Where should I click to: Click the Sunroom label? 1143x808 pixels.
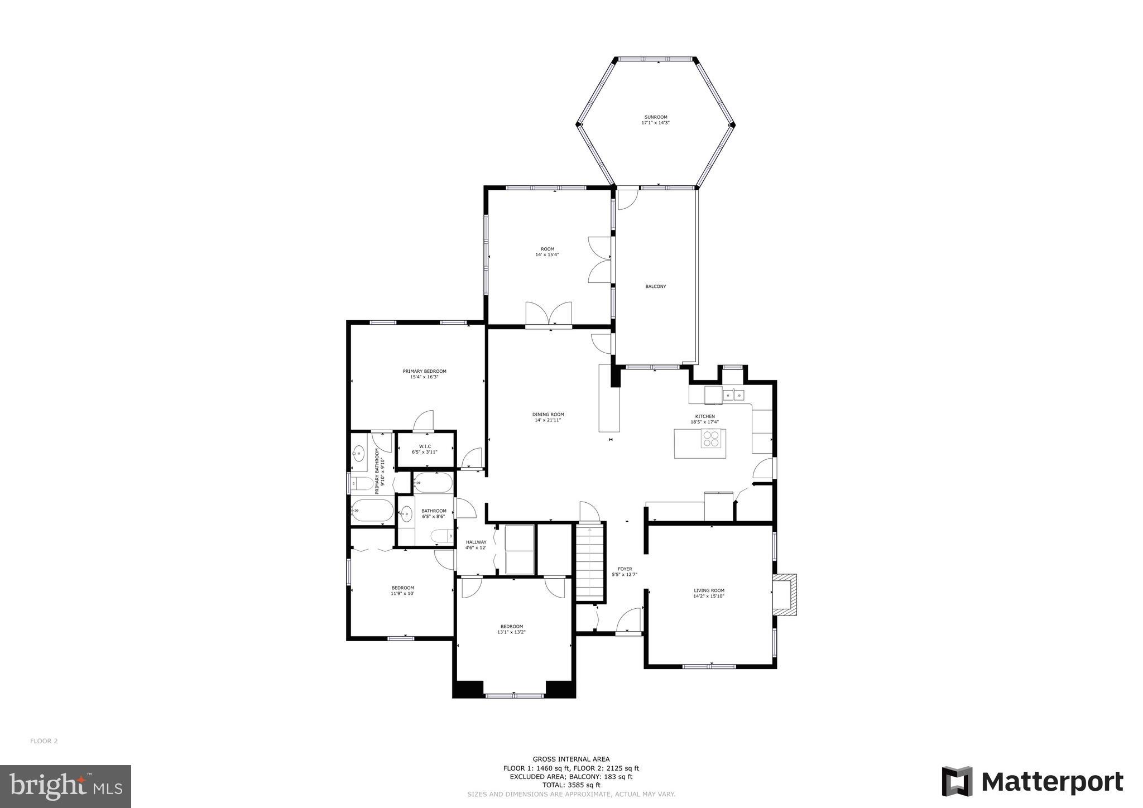[655, 117]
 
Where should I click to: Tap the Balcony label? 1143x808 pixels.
[655, 286]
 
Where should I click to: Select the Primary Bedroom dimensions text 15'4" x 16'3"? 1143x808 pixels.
[424, 377]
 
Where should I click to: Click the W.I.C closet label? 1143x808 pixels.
[425, 446]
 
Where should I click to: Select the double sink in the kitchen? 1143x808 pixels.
[733, 395]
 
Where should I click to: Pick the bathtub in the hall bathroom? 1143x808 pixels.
[433, 483]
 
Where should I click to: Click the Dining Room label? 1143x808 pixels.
[548, 415]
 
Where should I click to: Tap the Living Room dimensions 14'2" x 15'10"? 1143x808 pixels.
[709, 596]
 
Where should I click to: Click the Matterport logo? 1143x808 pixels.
[1032, 781]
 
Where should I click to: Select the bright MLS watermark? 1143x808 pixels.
[65, 786]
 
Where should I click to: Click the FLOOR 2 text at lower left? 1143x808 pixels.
[44, 741]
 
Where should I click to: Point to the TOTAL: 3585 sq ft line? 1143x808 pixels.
[571, 785]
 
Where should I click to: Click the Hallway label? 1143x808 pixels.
[476, 542]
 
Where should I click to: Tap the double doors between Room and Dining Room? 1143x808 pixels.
[549, 314]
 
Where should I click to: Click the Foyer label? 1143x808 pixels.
[624, 569]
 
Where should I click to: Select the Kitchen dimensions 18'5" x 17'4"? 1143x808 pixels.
[704, 422]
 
